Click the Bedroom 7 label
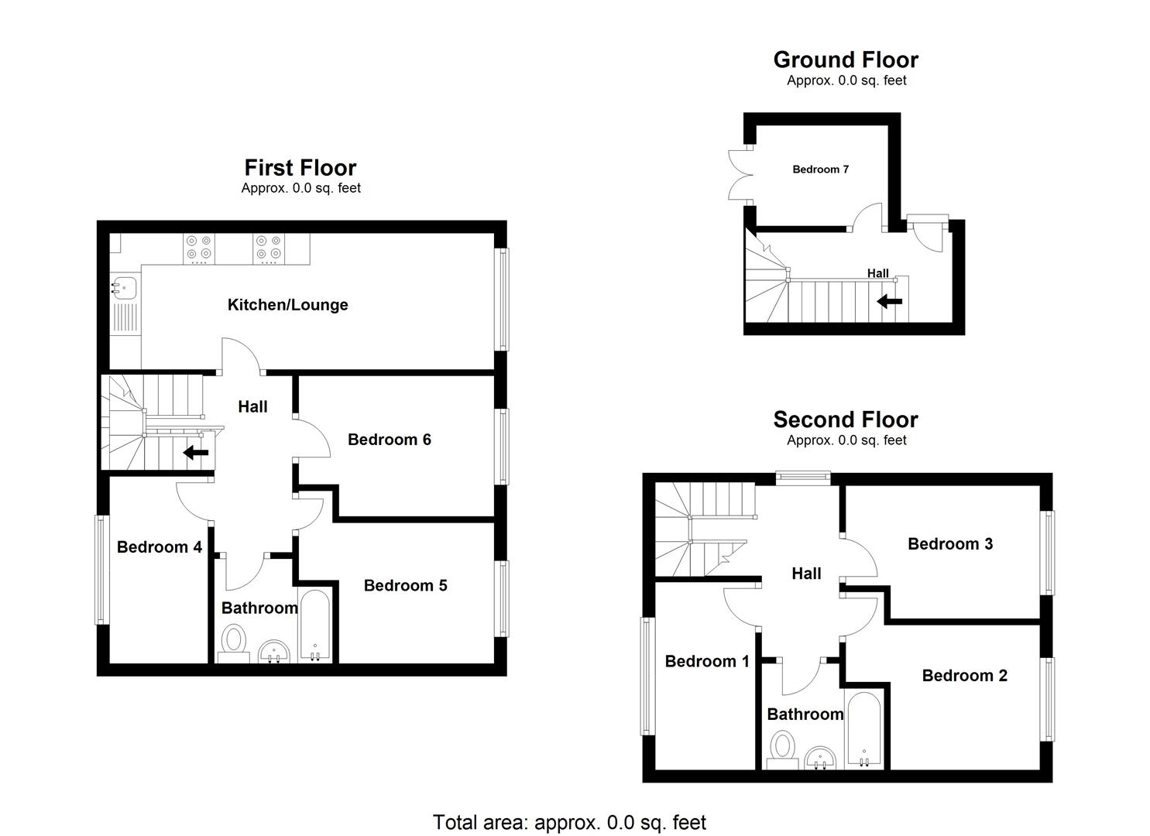820,170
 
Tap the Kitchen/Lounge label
287,305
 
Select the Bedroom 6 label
389,440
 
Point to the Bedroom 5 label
405,585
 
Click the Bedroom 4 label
159,547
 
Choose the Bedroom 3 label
949,544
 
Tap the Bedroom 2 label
964,676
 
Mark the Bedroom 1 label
706,661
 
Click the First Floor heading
300,167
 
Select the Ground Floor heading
846,60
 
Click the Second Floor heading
846,420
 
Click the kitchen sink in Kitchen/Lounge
124,287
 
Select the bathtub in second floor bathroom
863,729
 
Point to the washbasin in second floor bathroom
820,758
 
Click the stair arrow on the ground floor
890,301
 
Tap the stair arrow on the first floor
195,453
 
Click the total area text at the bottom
569,822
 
